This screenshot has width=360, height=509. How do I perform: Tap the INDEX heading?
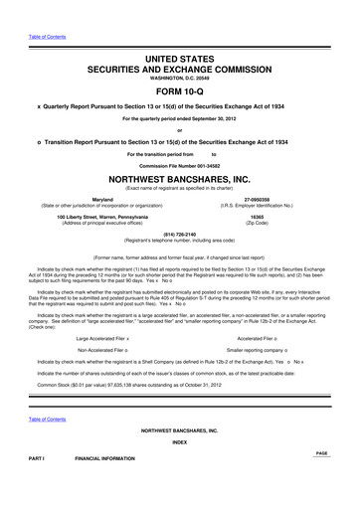(180, 470)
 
